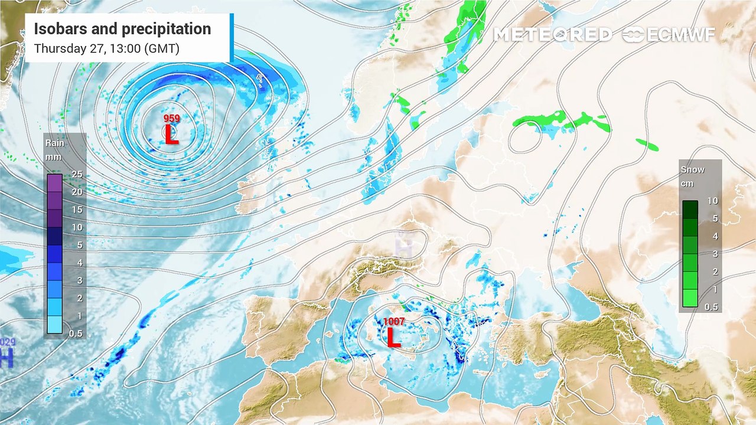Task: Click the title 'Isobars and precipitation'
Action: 122,29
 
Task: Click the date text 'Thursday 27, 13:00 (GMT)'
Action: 107,48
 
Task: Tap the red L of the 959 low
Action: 171,135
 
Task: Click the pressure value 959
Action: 172,119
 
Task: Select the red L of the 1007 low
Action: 393,338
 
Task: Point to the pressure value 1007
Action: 394,322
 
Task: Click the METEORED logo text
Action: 552,35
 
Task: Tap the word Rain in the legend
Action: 55,143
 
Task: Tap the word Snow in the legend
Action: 693,169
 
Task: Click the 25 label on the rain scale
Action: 77,175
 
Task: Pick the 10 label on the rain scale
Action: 77,227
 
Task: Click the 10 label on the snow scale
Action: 713,201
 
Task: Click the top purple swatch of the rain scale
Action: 54,183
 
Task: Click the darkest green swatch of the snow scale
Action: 690,210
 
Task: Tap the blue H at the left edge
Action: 6,358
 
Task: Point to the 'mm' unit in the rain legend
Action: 54,157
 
